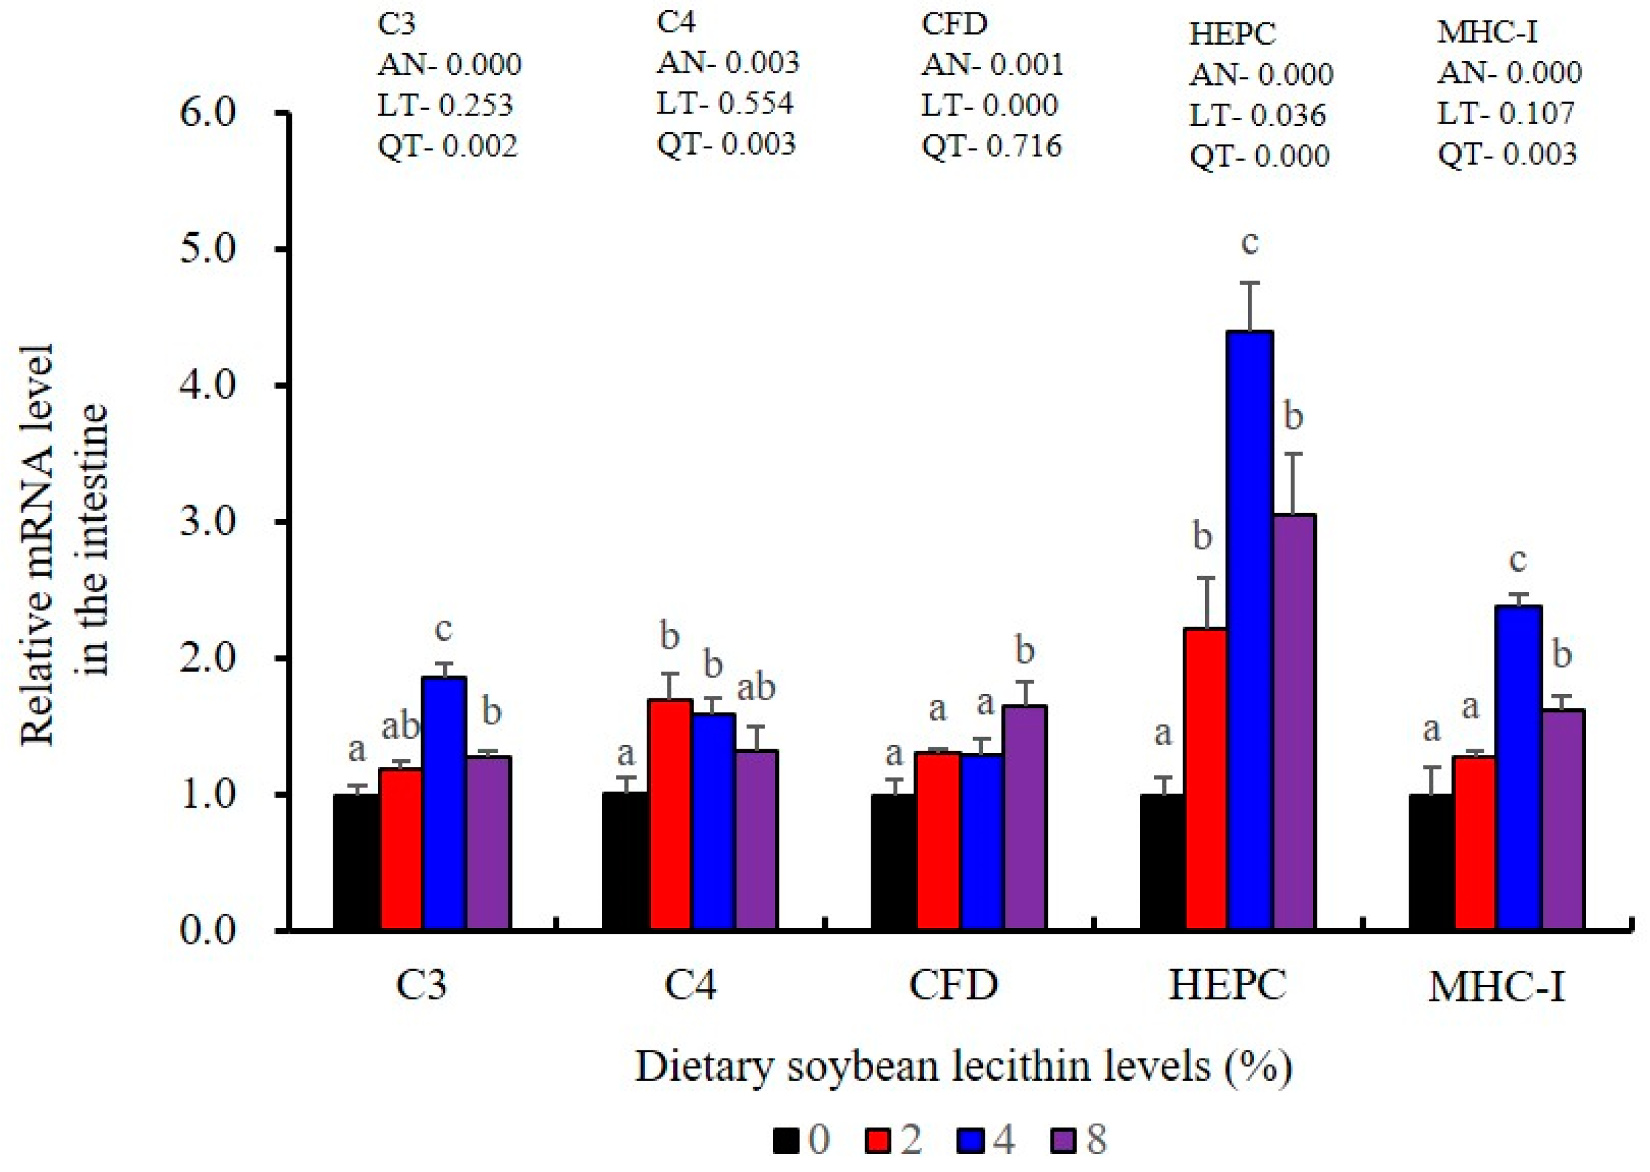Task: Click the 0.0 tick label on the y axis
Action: (209, 931)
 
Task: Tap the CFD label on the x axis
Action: (953, 985)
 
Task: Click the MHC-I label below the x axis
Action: (1497, 987)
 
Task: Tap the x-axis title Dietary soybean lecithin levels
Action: (962, 1066)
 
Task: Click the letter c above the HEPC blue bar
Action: (1250, 243)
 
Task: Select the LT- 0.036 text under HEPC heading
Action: (1258, 115)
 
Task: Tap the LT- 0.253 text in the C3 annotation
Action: (445, 106)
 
